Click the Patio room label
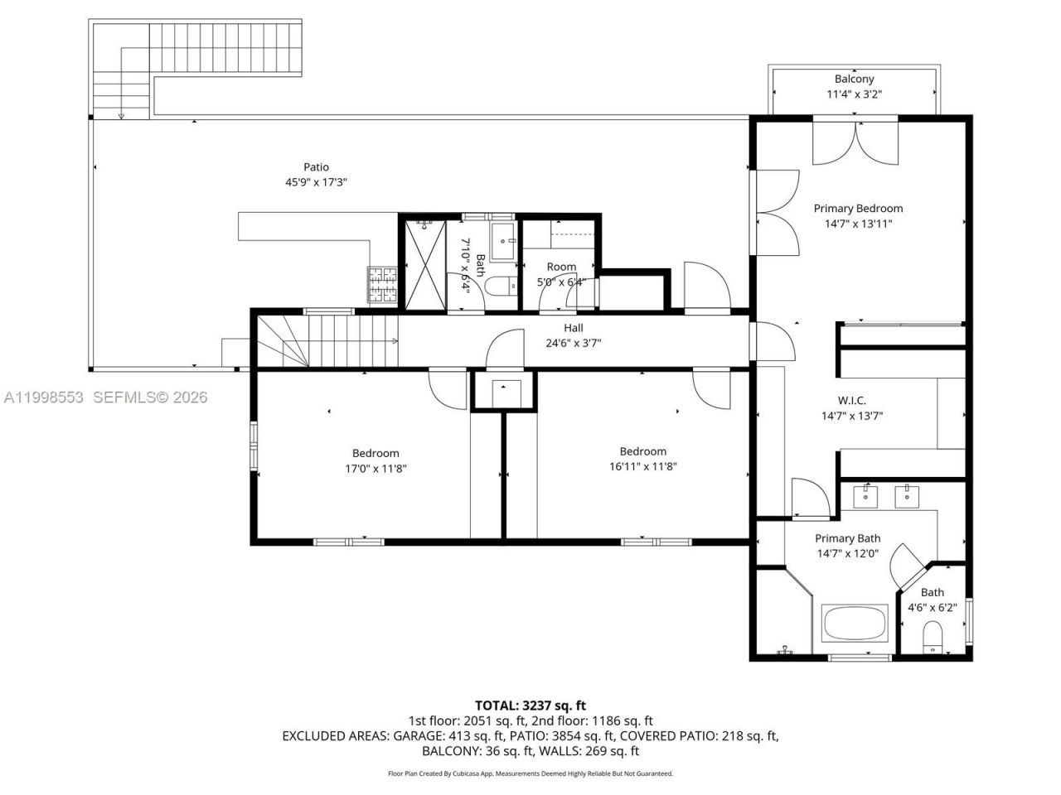pyautogui.click(x=316, y=167)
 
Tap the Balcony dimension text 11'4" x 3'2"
pyautogui.click(x=854, y=94)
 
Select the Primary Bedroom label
pyautogui.click(x=858, y=209)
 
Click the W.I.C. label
pyautogui.click(x=851, y=401)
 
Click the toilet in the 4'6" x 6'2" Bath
pyautogui.click(x=933, y=637)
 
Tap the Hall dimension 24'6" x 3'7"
pyautogui.click(x=573, y=343)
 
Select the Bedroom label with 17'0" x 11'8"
pyautogui.click(x=375, y=453)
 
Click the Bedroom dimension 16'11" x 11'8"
pyautogui.click(x=643, y=466)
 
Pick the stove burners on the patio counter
pyautogui.click(x=384, y=285)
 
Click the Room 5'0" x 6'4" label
pyautogui.click(x=561, y=267)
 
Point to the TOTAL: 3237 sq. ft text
pyautogui.click(x=530, y=706)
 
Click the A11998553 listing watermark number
pyautogui.click(x=44, y=397)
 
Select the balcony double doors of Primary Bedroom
pyautogui.click(x=855, y=142)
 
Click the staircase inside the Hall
pyautogui.click(x=328, y=341)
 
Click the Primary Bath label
pyautogui.click(x=847, y=538)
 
